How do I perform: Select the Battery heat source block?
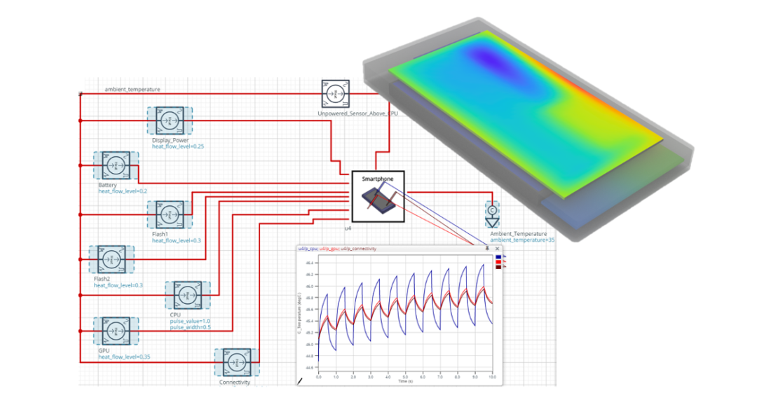tap(115, 165)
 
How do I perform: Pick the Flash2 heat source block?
tap(111, 260)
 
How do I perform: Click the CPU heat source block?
tap(183, 295)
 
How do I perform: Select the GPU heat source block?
tap(115, 332)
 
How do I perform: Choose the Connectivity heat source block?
tap(236, 363)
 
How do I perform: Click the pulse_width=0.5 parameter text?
tap(190, 327)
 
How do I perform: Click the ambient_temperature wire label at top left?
tap(132, 90)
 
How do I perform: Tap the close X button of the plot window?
tap(497, 248)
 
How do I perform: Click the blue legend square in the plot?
tap(498, 258)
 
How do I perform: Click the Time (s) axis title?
tap(405, 382)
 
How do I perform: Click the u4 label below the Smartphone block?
tap(348, 228)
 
